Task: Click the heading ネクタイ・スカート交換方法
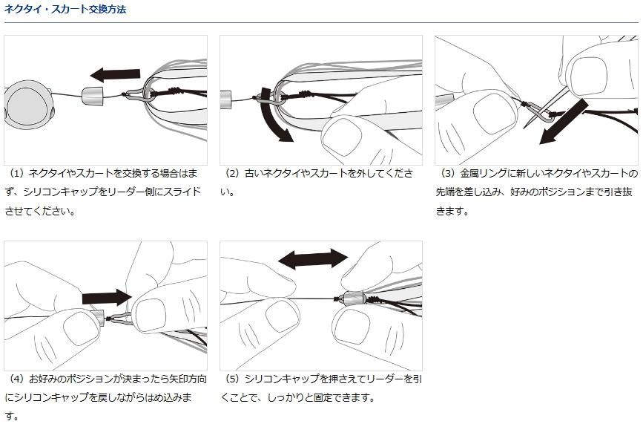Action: pyautogui.click(x=65, y=10)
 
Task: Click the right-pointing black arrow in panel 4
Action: pyautogui.click(x=106, y=297)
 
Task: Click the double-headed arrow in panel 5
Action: pyautogui.click(x=311, y=258)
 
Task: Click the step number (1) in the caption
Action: pyautogui.click(x=16, y=173)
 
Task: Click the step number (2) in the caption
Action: pyautogui.click(x=232, y=173)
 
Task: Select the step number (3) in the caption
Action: pyautogui.click(x=447, y=173)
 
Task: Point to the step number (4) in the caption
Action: pyautogui.click(x=16, y=379)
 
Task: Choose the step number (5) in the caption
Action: pyautogui.click(x=232, y=379)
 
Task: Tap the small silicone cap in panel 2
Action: pyautogui.click(x=227, y=97)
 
